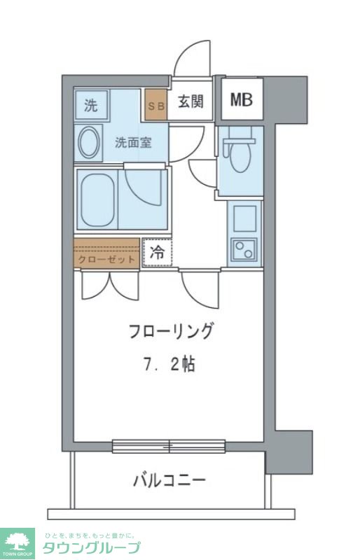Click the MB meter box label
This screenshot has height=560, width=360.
click(242, 99)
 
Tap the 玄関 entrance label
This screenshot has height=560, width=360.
click(190, 101)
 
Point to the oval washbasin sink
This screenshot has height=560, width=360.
click(89, 143)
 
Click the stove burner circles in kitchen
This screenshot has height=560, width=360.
click(244, 249)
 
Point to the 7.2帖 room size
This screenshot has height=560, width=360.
click(170, 364)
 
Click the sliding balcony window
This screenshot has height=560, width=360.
click(169, 445)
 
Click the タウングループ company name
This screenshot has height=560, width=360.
click(91, 547)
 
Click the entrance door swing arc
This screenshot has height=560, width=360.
click(191, 59)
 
